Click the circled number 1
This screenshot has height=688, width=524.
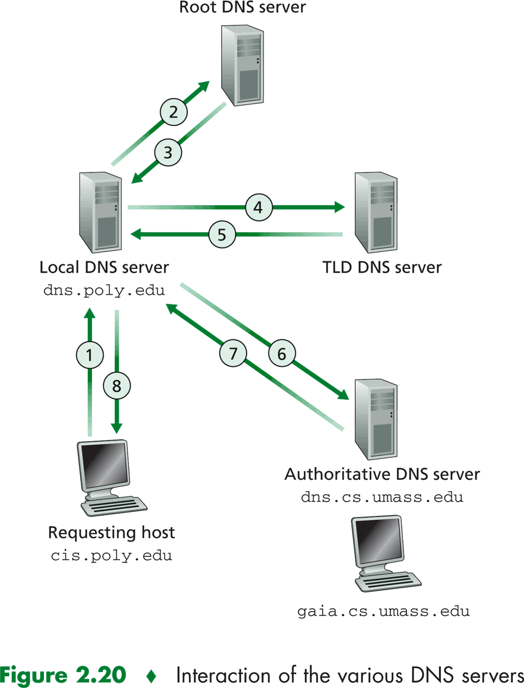coord(90,355)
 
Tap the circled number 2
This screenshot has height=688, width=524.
coord(173,111)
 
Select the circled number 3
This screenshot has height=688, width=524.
coord(168,152)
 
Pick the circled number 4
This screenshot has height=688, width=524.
coord(258,207)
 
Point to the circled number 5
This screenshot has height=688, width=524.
coord(222,235)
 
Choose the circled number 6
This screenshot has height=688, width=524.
coord(282,354)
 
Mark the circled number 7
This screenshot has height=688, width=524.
coord(234,354)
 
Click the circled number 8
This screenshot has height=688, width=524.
coord(117,386)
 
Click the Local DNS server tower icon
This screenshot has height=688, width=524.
coord(100,213)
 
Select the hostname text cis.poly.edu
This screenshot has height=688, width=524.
coord(111,555)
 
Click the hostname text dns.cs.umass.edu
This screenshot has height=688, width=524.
coord(382,498)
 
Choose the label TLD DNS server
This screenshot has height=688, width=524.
coord(382,268)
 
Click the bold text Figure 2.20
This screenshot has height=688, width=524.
coord(63,675)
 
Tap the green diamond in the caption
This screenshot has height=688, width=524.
coord(151,676)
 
